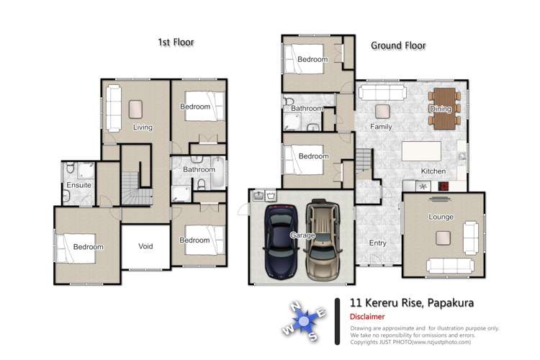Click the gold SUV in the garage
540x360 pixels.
click(323, 240)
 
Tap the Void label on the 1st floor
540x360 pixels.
click(145, 246)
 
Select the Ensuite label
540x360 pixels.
click(79, 185)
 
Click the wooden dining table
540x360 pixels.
click(444, 109)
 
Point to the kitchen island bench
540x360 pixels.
click(421, 151)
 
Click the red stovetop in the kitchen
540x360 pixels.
click(444, 186)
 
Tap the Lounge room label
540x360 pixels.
click(441, 217)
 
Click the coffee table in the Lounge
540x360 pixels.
click(444, 238)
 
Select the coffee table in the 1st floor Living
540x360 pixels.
click(135, 109)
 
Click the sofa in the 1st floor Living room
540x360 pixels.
click(113, 108)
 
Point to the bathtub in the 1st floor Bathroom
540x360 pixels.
click(218, 172)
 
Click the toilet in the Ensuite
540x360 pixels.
click(71, 168)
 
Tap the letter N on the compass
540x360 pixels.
click(295, 306)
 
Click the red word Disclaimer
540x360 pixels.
click(367, 317)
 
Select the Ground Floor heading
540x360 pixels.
click(398, 45)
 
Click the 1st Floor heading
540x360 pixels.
click(176, 42)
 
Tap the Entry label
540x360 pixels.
click(377, 243)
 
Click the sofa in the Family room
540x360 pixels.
click(382, 93)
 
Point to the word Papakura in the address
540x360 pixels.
click(451, 303)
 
